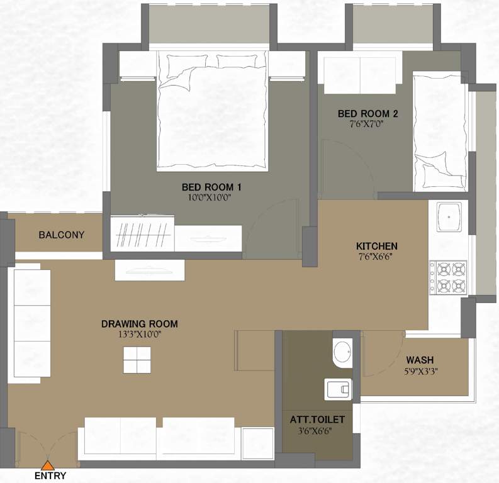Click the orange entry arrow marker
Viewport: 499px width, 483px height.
click(47, 465)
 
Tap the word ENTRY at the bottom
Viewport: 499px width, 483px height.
click(50, 476)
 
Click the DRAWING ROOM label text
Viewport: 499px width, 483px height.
click(139, 324)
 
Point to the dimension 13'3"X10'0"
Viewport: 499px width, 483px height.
click(139, 335)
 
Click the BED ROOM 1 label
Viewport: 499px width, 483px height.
click(211, 187)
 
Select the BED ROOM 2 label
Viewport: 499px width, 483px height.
click(368, 113)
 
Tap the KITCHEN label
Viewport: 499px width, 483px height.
click(377, 245)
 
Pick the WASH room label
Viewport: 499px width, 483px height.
click(419, 360)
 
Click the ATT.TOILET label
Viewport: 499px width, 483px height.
click(317, 419)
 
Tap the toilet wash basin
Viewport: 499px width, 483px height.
click(343, 353)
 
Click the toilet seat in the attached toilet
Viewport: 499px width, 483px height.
click(339, 390)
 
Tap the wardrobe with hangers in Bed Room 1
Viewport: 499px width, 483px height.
click(143, 234)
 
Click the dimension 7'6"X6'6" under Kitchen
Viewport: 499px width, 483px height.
click(376, 256)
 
